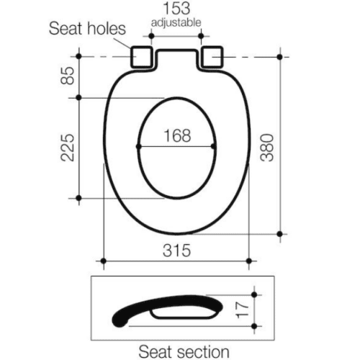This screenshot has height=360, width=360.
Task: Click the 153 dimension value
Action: coord(176,10)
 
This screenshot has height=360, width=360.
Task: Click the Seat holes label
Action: coord(87,29)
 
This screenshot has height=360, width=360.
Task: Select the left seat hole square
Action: coord(141,56)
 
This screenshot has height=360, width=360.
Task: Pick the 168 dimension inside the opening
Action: coord(176,135)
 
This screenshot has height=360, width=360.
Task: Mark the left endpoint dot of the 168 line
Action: coord(138,147)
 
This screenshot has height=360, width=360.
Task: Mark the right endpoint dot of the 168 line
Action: coord(215,147)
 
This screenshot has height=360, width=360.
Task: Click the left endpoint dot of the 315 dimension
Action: coord(104,260)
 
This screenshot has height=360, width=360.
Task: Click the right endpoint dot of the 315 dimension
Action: coord(249,260)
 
